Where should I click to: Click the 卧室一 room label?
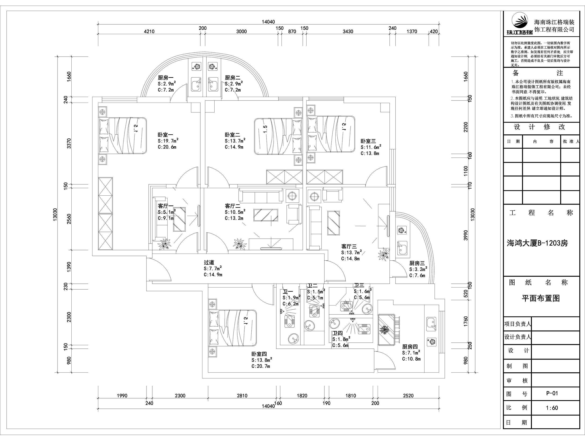(x=166, y=135)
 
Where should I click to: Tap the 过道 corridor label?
(x=209, y=262)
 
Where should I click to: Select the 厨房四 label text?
(x=410, y=347)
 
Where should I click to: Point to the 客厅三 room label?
(x=349, y=247)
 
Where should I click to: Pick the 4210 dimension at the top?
(x=149, y=32)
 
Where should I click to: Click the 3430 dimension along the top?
(x=348, y=32)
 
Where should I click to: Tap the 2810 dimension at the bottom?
(x=242, y=396)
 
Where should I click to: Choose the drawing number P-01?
(x=552, y=393)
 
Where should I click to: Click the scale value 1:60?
(x=552, y=408)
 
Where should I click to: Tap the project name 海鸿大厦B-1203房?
(x=537, y=243)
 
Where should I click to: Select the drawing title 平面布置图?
(x=541, y=298)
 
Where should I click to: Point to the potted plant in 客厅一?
(x=165, y=244)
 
